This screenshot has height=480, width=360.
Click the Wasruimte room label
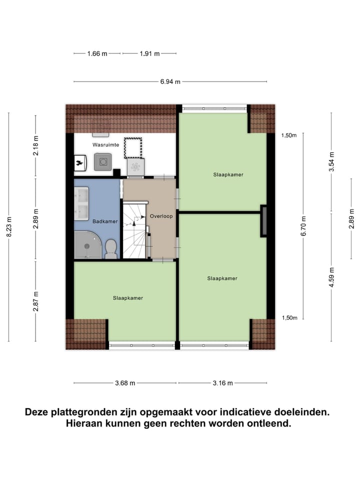[x=105, y=144]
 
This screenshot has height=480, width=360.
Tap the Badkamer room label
[x=105, y=221]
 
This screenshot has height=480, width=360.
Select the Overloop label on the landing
[x=161, y=216]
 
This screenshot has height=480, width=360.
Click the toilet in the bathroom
[x=111, y=248]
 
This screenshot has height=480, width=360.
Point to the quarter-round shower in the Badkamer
[x=87, y=245]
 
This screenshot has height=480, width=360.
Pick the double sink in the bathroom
[x=81, y=203]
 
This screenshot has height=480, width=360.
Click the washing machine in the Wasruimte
[x=102, y=161]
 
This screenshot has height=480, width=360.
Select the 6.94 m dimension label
[x=170, y=81]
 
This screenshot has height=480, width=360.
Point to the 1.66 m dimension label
[x=97, y=53]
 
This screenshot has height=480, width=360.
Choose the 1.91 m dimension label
[x=149, y=53]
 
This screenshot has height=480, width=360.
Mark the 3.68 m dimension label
[x=125, y=383]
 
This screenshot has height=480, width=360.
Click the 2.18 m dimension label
[x=35, y=146]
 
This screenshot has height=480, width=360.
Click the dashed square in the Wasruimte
[x=133, y=148]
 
